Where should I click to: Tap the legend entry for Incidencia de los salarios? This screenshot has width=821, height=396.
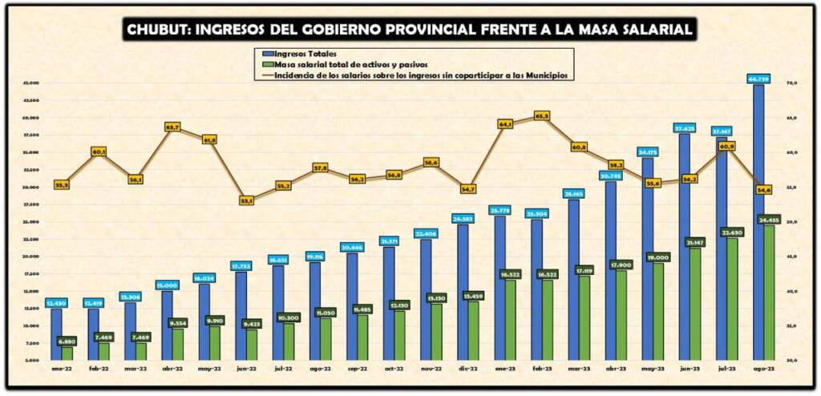coord(417,76)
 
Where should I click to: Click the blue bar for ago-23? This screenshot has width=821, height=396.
coord(758,224)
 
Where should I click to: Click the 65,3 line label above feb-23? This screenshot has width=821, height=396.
coord(542,116)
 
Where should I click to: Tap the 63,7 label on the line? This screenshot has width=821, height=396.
coord(172,127)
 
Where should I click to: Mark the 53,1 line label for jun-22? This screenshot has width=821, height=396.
coord(246,200)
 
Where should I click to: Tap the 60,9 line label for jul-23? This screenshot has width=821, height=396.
coord(726,147)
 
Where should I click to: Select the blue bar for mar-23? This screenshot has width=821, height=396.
coord(573,281)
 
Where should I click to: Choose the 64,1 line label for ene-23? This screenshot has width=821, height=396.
coord(505,124)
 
